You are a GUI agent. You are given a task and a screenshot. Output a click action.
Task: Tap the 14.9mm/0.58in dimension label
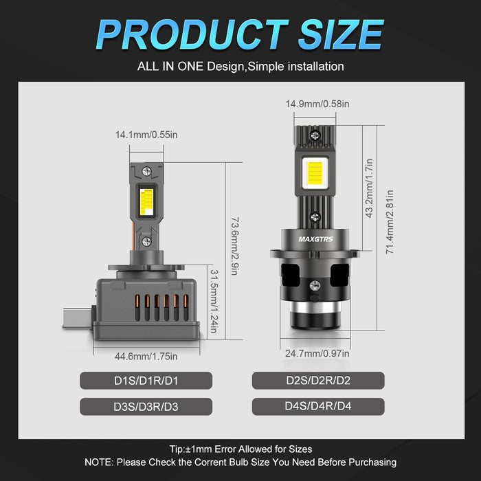click(x=317, y=104)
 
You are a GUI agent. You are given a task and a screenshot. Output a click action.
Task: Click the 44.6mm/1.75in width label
click(x=146, y=356)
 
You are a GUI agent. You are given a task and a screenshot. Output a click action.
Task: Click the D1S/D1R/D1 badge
click(x=146, y=381)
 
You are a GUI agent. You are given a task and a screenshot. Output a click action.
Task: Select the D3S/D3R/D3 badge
click(x=146, y=406)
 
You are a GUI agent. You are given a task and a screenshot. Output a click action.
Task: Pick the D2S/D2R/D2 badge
click(x=317, y=381)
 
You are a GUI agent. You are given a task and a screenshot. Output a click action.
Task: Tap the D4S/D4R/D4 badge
click(x=317, y=406)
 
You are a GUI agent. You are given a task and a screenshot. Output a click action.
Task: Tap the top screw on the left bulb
click(x=146, y=170)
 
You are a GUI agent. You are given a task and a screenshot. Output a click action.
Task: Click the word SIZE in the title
click(x=339, y=34)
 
